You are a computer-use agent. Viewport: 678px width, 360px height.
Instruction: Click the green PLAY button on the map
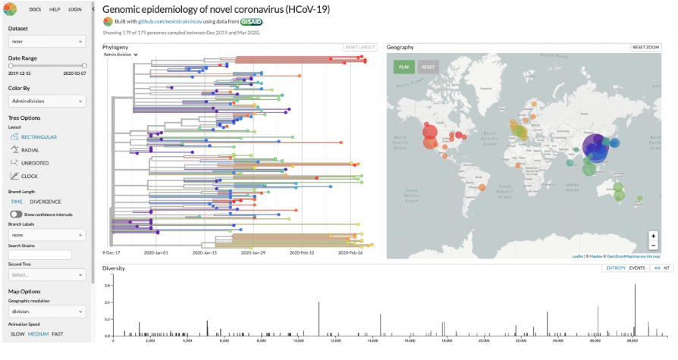(404, 67)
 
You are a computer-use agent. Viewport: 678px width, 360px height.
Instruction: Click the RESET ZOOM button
(647, 47)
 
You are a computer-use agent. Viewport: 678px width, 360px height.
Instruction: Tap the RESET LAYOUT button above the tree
(360, 47)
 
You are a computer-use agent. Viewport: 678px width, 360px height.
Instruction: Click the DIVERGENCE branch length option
(46, 202)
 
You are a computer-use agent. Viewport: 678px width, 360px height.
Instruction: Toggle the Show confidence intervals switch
(15, 214)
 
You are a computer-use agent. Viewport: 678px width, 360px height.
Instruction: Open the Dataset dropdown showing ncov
(47, 42)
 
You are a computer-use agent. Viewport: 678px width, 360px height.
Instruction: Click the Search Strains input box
(39, 255)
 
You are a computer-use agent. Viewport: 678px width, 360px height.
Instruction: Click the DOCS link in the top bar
(35, 9)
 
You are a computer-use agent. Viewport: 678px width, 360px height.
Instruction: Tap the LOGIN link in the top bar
(74, 9)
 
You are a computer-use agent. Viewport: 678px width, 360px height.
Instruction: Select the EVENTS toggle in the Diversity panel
(637, 268)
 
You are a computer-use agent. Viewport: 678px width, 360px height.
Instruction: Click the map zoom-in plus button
(653, 236)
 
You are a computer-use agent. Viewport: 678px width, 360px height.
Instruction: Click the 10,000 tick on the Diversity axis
(298, 340)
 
